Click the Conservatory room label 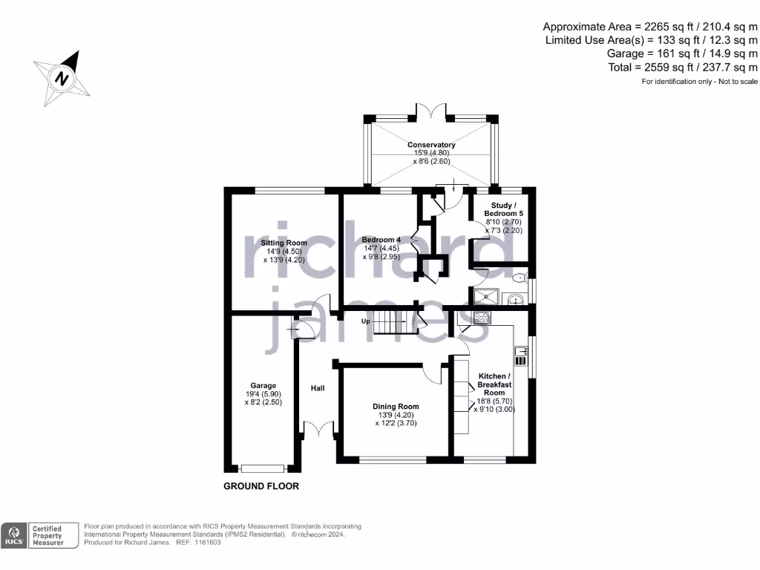(x=431, y=145)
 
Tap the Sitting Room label (x=284, y=243)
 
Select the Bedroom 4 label (x=381, y=240)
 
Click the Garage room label (x=263, y=385)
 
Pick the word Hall (x=317, y=388)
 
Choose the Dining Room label (x=396, y=406)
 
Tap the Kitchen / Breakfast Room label (x=494, y=384)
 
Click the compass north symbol (x=62, y=76)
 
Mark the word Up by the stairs (x=365, y=321)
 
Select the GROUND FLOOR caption (x=261, y=487)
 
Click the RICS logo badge (x=13, y=535)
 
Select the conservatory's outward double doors (x=430, y=111)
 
